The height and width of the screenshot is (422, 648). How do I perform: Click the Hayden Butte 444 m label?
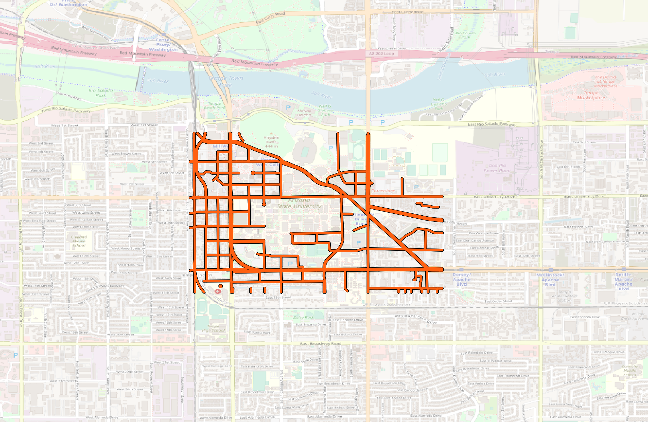coord(271,142)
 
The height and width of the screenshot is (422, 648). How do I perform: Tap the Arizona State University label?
coord(299,203)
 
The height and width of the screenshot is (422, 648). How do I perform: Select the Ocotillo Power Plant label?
coord(497,168)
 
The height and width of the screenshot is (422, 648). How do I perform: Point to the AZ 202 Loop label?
coord(381,54)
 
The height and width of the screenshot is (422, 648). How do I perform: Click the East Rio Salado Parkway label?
coord(492,124)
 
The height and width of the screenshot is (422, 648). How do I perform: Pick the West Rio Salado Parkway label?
coord(66,110)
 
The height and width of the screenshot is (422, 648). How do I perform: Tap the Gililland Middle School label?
coord(79,241)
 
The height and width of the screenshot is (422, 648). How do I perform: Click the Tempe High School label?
coord(213,329)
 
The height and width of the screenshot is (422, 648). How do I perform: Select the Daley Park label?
coord(303,318)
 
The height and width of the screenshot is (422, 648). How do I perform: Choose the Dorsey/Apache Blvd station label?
coord(462,279)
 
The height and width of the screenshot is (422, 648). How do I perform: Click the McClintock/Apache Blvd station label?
coord(550,280)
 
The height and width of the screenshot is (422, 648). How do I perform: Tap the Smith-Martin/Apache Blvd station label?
coord(623,281)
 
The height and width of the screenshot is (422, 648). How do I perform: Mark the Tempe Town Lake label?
coord(225,81)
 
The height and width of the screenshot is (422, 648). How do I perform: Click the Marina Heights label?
coord(304,113)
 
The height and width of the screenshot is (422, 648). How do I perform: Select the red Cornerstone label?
coord(383,191)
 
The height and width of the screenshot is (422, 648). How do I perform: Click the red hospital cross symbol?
coord(218,291)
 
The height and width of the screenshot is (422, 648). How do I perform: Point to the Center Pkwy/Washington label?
coord(163,45)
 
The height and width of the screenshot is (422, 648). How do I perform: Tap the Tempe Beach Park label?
coord(215,106)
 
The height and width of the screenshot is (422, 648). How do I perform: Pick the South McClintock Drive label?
coord(541,159)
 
